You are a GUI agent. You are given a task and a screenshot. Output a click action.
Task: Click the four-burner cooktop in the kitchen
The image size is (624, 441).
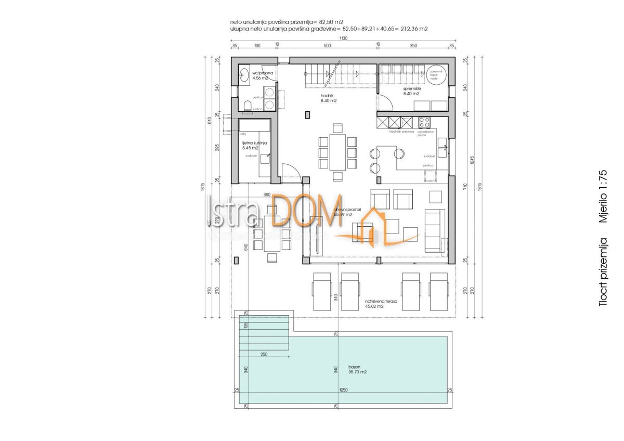[x=424, y=123]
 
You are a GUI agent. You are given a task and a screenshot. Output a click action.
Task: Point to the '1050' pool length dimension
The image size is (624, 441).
[x=343, y=390]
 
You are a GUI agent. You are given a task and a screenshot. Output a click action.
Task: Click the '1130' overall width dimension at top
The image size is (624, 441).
[x=343, y=38]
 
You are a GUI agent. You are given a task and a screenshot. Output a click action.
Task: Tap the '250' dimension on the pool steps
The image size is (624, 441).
[x=264, y=354]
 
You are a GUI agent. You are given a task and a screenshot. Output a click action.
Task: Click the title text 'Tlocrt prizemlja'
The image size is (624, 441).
[x=603, y=271]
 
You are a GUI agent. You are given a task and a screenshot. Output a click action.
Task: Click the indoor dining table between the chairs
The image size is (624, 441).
[x=337, y=151]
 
